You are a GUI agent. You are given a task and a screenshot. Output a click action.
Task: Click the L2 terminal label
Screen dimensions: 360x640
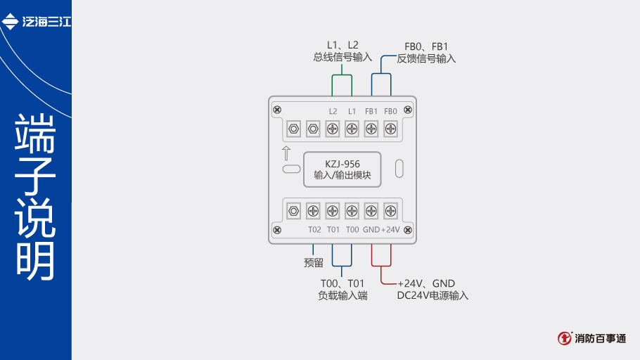tap(333, 111)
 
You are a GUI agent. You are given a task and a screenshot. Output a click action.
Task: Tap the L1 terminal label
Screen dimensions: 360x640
tap(352, 111)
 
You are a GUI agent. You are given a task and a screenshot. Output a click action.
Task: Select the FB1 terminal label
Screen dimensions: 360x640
tap(371, 111)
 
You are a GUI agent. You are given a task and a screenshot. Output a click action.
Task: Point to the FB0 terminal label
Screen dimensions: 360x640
tap(390, 111)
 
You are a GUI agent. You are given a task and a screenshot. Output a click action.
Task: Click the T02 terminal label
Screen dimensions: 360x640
tap(314, 230)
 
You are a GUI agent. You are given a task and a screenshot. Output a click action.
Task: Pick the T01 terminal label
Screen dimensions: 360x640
tap(333, 230)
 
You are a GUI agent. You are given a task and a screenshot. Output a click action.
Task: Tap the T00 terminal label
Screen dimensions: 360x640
tap(352, 230)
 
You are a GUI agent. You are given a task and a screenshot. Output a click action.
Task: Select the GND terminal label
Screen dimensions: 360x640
tap(371, 230)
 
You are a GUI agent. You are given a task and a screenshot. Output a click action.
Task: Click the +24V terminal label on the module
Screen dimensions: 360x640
tap(390, 230)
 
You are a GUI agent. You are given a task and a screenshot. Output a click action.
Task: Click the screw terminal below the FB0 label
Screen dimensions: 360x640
tap(390, 129)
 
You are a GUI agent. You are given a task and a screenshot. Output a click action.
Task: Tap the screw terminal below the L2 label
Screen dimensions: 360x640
tap(333, 129)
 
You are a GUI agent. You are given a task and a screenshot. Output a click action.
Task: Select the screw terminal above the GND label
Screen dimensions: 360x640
tap(371, 210)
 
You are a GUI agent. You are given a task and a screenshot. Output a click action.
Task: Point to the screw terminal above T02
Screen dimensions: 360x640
tap(314, 210)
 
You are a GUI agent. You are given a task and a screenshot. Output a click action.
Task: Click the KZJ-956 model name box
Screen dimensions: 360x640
tap(343, 169)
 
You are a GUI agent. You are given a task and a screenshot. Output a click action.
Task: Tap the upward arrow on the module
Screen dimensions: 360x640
tap(286, 154)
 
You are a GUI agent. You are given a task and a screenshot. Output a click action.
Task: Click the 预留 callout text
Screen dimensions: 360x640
tap(314, 262)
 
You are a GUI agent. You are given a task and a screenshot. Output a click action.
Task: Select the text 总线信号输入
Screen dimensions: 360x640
tap(343, 58)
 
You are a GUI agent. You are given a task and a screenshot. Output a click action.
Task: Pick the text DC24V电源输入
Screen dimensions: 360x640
tap(433, 296)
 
